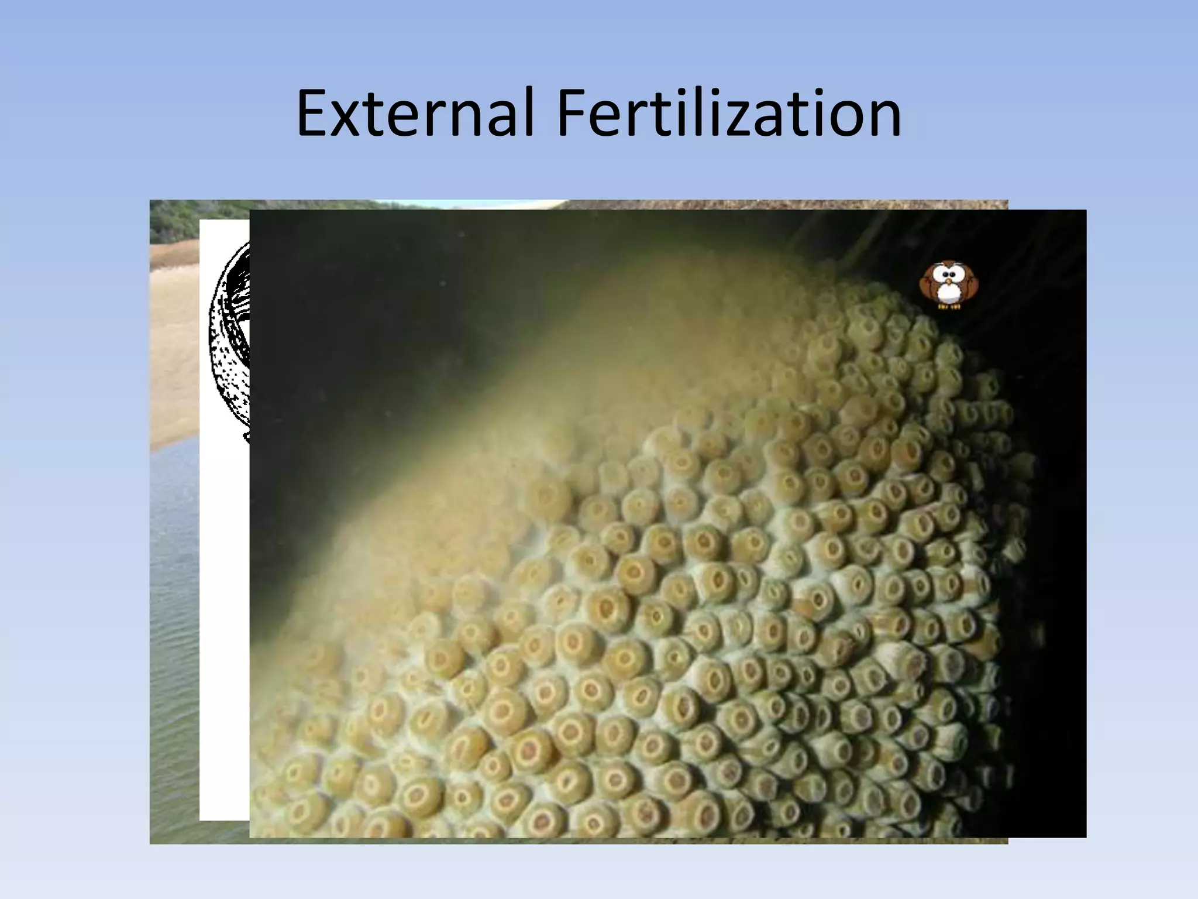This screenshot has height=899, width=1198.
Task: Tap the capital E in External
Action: pos(314,114)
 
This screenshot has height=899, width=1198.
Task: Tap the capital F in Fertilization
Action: pos(570,114)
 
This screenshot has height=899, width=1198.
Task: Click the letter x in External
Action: pos(350,120)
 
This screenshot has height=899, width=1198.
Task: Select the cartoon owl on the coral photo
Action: pos(948,286)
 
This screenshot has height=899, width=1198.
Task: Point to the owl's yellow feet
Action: pos(948,306)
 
